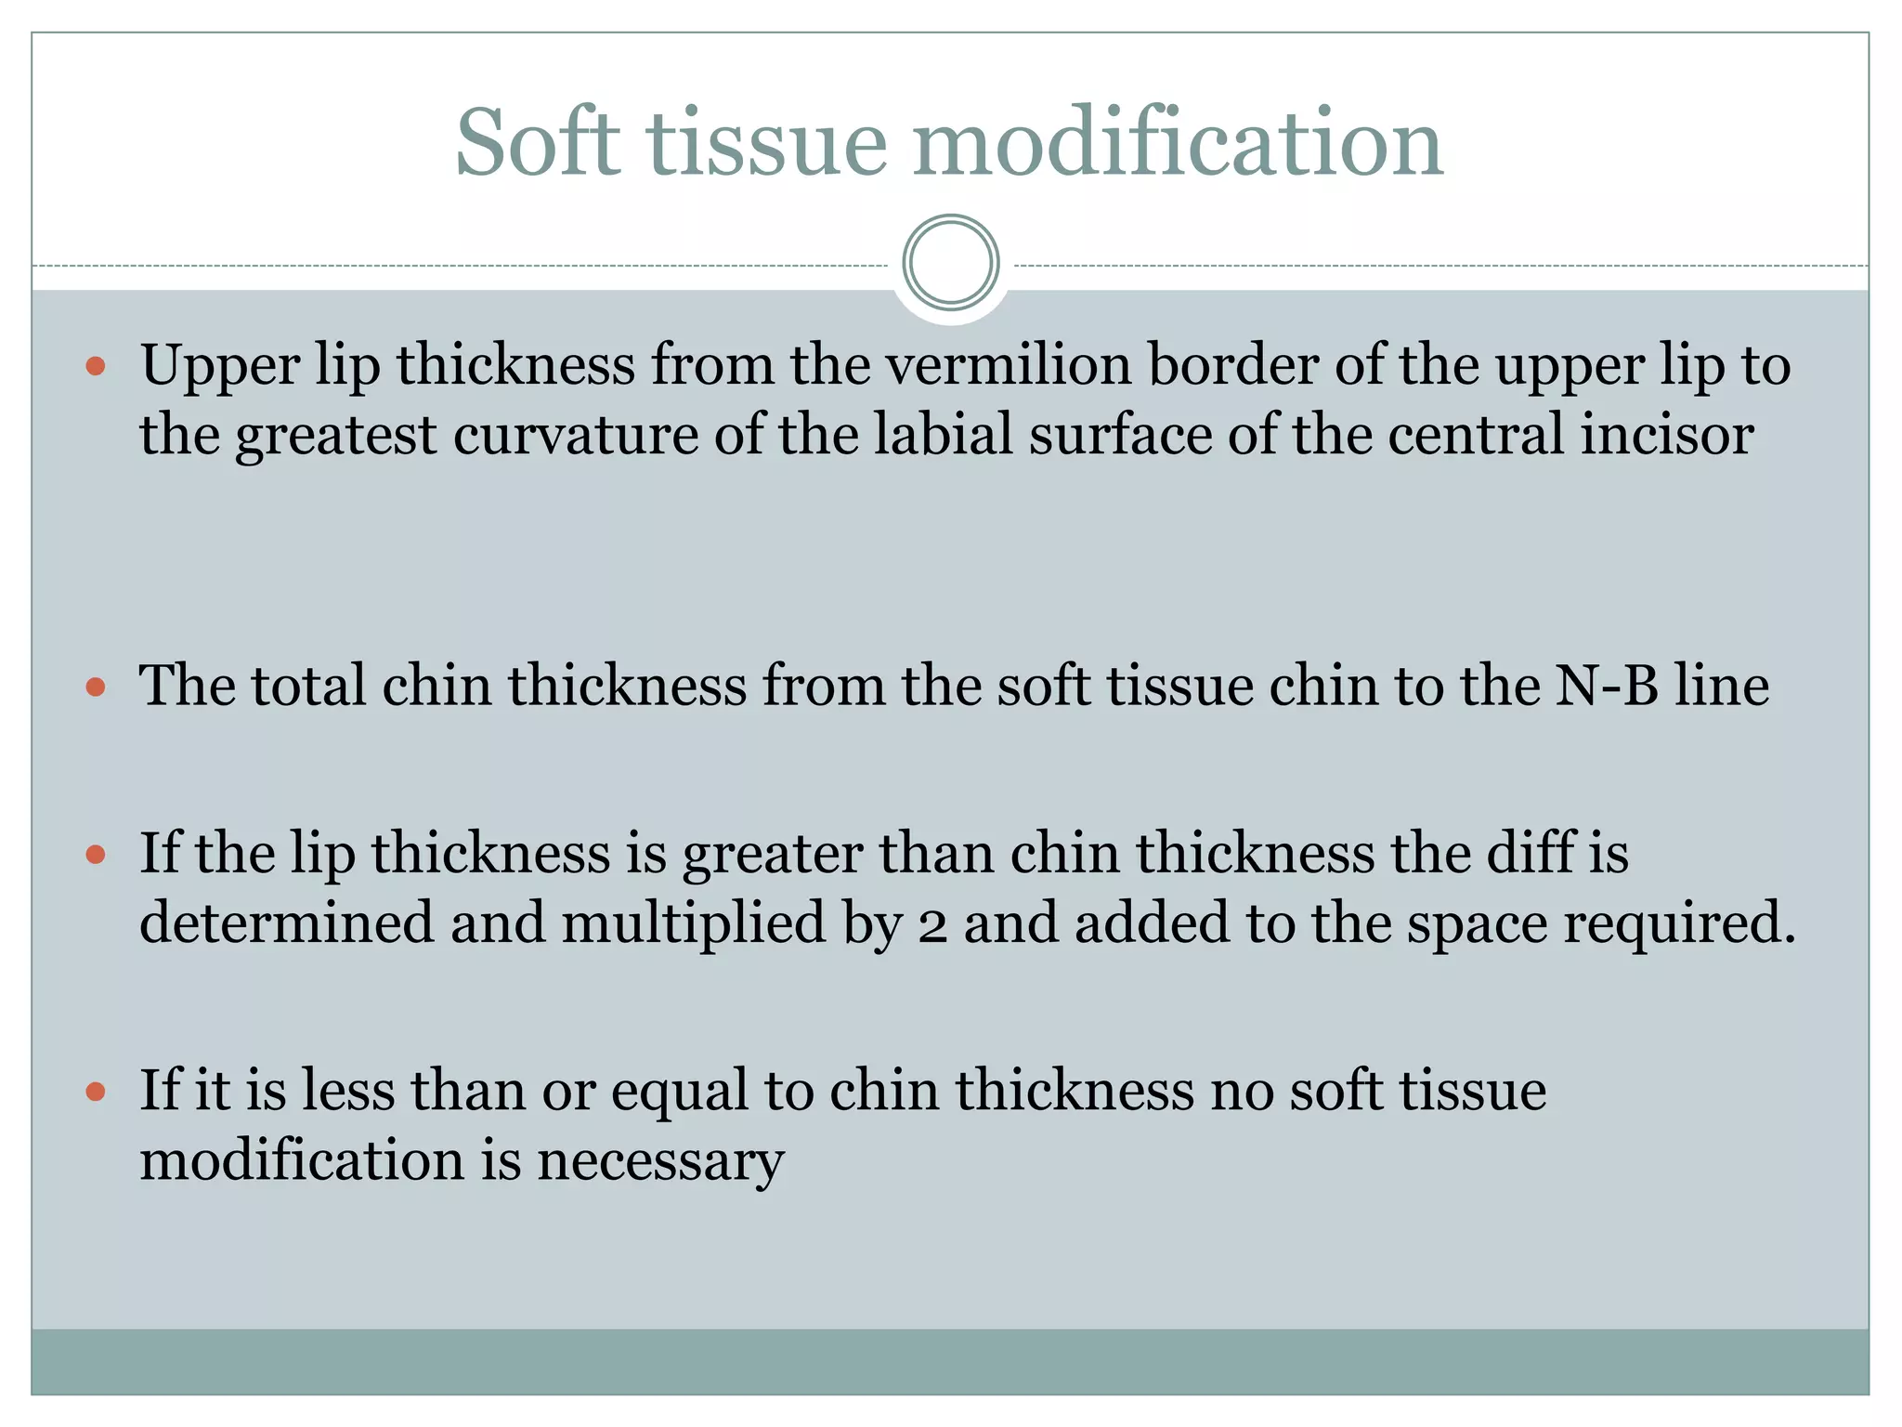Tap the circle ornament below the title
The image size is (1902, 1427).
tap(951, 263)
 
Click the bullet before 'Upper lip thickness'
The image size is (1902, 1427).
tap(95, 366)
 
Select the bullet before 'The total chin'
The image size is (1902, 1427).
tap(95, 687)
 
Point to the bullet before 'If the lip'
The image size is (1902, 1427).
tap(95, 854)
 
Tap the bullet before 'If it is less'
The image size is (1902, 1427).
tap(95, 1091)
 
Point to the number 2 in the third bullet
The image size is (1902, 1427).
tap(932, 926)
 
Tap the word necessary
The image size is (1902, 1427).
tap(660, 1161)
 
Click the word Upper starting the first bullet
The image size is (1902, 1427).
tap(219, 366)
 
